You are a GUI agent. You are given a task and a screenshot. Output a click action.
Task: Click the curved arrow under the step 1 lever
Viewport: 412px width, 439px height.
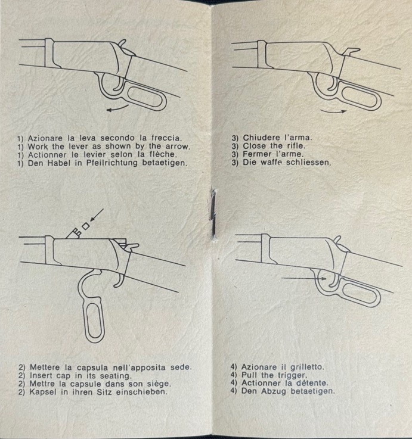click(117, 108)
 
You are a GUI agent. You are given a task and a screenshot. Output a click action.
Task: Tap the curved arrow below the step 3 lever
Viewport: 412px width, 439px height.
click(333, 111)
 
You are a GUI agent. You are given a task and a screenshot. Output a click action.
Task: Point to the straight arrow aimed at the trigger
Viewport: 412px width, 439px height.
click(304, 279)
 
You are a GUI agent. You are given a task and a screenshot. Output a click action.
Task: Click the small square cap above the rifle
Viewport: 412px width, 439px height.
click(86, 226)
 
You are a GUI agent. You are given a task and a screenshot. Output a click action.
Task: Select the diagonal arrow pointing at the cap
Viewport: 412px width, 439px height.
click(97, 215)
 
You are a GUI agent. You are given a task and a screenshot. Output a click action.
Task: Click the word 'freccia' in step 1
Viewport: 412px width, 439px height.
click(166, 138)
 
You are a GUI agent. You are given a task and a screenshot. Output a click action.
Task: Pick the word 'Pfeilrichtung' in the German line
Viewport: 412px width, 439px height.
click(112, 163)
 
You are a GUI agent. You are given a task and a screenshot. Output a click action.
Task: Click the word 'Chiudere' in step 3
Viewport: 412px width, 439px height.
click(262, 138)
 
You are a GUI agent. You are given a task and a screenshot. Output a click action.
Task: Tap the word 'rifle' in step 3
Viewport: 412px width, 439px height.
click(296, 145)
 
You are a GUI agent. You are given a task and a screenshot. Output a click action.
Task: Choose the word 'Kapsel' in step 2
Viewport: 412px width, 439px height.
click(43, 392)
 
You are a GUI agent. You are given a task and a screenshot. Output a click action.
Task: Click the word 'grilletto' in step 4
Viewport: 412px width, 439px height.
click(307, 367)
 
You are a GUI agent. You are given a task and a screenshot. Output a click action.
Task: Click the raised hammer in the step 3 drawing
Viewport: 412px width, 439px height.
click(351, 52)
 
